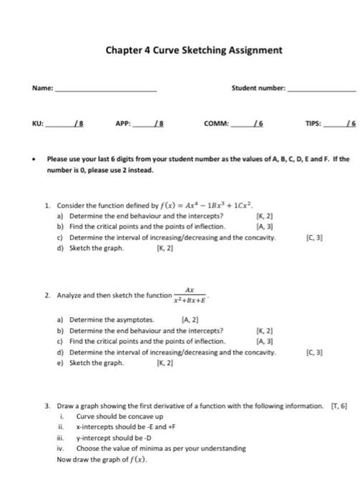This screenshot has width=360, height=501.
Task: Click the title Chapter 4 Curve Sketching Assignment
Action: [194, 51]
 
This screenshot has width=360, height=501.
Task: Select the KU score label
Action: [39, 123]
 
